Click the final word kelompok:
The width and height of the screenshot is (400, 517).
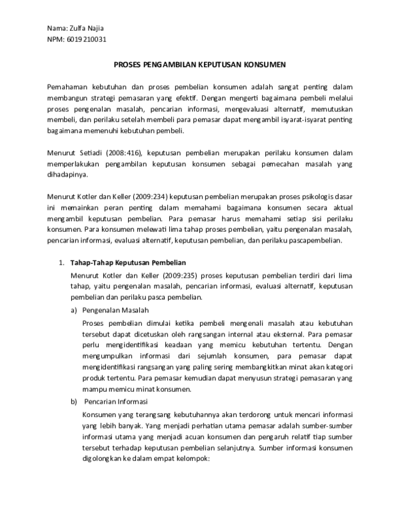pyautogui.click(x=191, y=458)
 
